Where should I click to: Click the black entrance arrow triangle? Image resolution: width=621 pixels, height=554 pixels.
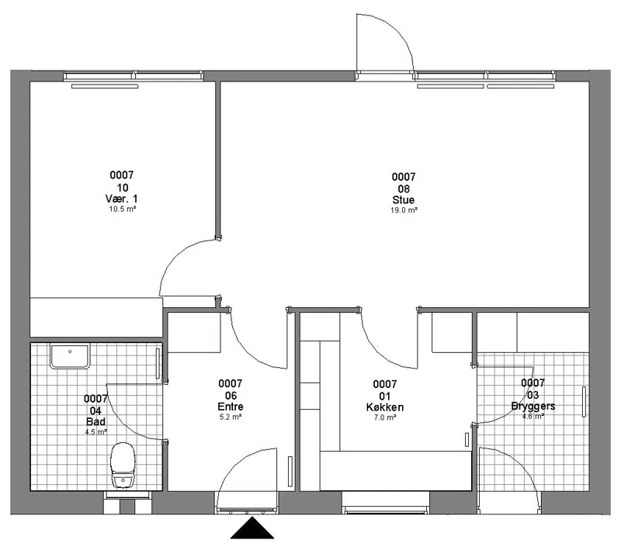pyautogui.click(x=252, y=528)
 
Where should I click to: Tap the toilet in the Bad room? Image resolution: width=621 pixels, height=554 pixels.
pyautogui.click(x=123, y=465)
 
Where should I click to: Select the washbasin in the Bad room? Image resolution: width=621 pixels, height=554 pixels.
pyautogui.click(x=70, y=356)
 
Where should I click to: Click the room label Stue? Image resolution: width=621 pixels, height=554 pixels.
pyautogui.click(x=404, y=199)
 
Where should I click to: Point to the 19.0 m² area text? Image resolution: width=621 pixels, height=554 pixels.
pyautogui.click(x=404, y=210)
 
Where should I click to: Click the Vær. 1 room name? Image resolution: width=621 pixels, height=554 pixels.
pyautogui.click(x=122, y=199)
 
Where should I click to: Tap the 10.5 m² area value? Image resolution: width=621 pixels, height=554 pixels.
pyautogui.click(x=123, y=209)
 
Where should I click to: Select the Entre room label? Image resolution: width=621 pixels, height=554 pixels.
pyautogui.click(x=231, y=407)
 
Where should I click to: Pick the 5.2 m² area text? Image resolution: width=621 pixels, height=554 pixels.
pyautogui.click(x=231, y=417)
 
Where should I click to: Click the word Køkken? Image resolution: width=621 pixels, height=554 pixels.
pyautogui.click(x=385, y=407)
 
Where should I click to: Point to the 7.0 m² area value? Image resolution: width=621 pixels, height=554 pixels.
pyautogui.click(x=385, y=417)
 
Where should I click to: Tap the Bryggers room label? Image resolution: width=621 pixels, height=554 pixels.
pyautogui.click(x=533, y=406)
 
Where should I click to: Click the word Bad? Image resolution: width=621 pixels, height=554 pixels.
pyautogui.click(x=95, y=421)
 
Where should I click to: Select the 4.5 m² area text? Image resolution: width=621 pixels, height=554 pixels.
pyautogui.click(x=95, y=431)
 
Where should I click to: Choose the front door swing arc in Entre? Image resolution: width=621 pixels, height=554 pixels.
pyautogui.click(x=238, y=462)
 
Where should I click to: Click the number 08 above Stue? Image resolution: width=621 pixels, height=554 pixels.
pyautogui.click(x=404, y=189)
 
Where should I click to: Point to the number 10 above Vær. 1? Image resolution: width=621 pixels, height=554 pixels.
pyautogui.click(x=123, y=187)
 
